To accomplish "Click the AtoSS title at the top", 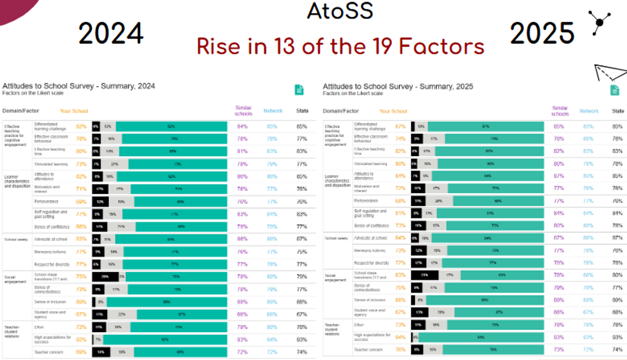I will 340,11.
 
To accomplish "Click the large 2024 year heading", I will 111,34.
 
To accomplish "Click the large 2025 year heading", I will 542,34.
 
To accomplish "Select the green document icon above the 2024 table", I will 299,89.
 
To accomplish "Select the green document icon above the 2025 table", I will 616,89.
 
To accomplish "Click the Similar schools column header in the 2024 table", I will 243,111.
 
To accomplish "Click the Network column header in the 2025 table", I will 589,111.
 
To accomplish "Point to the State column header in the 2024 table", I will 302,111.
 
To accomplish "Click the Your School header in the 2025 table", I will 393,111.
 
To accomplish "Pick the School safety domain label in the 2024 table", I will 15,240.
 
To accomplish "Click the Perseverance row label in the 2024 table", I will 47,201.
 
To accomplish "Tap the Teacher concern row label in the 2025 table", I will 367,350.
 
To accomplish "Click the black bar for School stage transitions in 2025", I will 424,274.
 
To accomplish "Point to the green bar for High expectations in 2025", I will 481,338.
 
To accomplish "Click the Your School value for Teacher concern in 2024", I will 81,352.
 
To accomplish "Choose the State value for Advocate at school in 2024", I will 302,239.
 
